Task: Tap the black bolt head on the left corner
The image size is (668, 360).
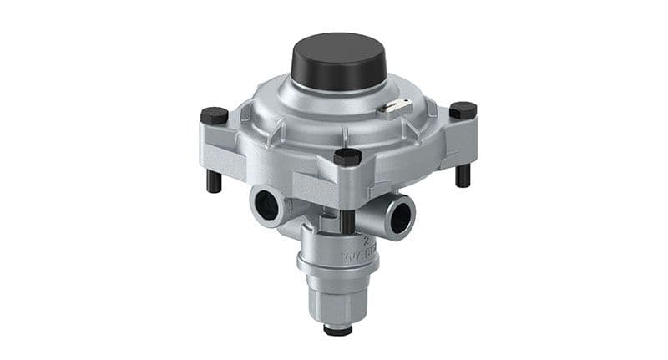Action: [215, 115]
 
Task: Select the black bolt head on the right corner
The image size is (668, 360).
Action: [463, 109]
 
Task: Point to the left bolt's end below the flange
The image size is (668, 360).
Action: [215, 181]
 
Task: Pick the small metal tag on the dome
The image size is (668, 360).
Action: [394, 107]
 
